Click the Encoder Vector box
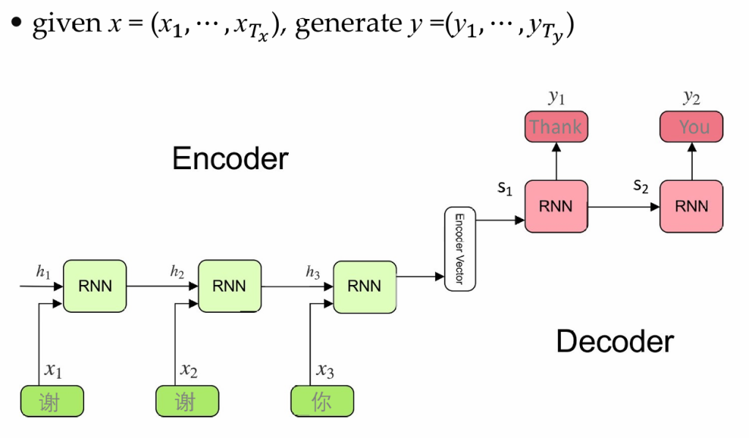[460, 249]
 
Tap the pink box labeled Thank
[555, 127]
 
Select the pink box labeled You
[691, 127]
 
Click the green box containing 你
[322, 401]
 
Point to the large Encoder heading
[230, 158]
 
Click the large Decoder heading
[614, 341]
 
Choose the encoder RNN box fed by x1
[94, 286]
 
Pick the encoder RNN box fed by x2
[229, 286]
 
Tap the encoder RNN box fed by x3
[364, 286]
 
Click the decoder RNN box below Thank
[555, 207]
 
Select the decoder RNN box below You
[691, 207]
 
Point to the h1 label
[43, 271]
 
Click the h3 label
[312, 272]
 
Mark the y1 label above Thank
[557, 97]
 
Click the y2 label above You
[691, 97]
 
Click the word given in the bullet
[67, 25]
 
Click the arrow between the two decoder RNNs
[623, 207]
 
